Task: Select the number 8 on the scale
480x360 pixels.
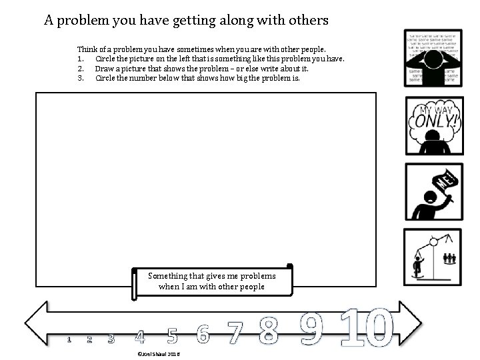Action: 268,331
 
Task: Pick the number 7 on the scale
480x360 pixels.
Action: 233,333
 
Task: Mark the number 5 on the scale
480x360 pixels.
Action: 172,335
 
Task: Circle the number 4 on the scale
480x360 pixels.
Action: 139,336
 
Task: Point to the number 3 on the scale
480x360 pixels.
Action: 111,338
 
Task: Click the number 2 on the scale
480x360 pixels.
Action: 89,339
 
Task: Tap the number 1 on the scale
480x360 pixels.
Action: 69,340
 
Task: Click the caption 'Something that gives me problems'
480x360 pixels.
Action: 212,275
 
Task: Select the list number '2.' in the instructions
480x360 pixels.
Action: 81,68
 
